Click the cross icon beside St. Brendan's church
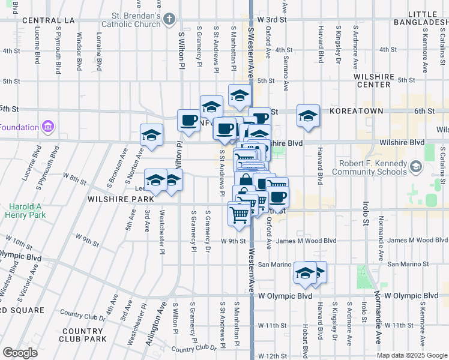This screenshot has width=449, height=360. (169, 20)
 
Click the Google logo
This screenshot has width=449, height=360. (20, 353)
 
